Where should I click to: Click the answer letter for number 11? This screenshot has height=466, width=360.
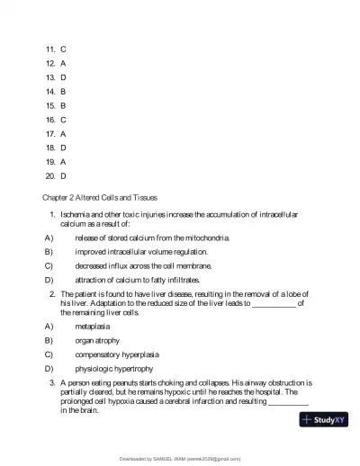point(63,48)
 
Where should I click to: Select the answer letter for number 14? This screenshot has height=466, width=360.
point(63,91)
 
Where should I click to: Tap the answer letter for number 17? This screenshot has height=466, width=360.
point(63,132)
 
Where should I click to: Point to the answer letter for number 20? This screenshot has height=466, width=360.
point(63,175)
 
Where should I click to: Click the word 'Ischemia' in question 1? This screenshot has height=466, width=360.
point(76,215)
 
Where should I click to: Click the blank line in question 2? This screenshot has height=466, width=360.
point(274,303)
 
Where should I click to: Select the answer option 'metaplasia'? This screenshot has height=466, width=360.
point(92,327)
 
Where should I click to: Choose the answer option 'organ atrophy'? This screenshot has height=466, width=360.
point(96,341)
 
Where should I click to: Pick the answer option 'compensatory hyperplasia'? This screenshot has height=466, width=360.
point(113,354)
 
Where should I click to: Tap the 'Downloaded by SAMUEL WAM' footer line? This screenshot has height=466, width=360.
point(180,459)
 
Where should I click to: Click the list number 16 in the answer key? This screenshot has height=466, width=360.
point(49,119)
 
